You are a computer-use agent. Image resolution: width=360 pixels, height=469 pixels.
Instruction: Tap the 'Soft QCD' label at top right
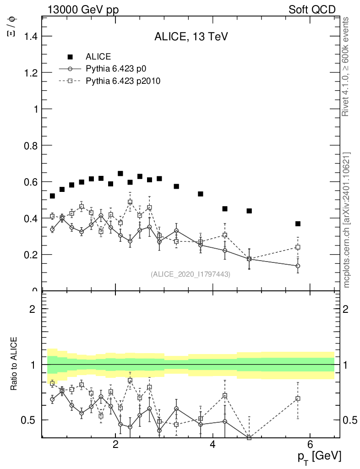click(312, 10)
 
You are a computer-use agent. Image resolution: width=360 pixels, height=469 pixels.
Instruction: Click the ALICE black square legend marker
click(70, 57)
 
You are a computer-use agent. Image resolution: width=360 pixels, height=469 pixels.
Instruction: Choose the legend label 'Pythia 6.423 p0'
click(119, 69)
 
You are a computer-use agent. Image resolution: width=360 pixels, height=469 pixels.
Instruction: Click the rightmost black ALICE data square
click(298, 224)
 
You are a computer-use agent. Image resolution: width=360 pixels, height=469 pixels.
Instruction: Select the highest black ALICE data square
click(120, 174)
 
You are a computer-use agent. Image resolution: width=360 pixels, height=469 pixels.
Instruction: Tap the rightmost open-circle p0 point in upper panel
click(298, 266)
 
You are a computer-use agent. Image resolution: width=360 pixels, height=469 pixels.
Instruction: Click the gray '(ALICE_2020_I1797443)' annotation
click(191, 274)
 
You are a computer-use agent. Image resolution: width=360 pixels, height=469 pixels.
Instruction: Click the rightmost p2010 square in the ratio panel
click(298, 398)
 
